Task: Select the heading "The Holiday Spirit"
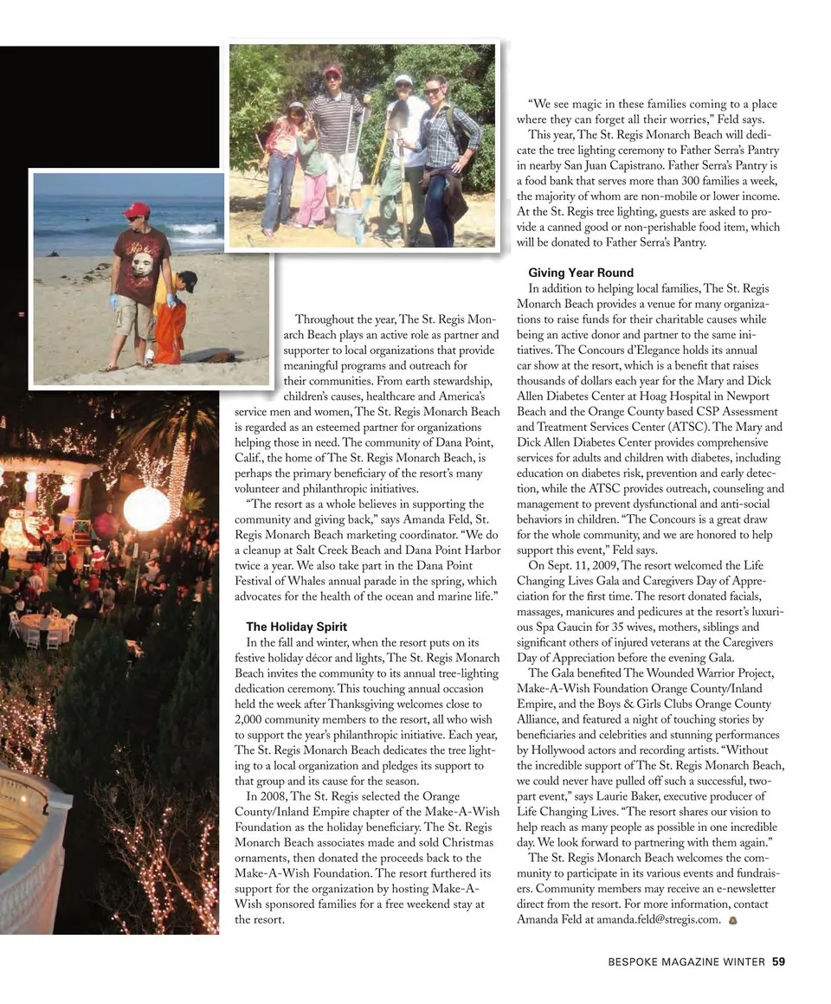click(x=296, y=627)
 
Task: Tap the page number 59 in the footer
click(x=778, y=962)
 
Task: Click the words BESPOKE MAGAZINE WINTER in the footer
click(x=686, y=962)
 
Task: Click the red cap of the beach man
click(x=136, y=209)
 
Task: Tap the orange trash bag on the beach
click(x=171, y=332)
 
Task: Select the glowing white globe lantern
click(x=146, y=509)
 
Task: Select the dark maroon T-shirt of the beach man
click(x=140, y=264)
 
